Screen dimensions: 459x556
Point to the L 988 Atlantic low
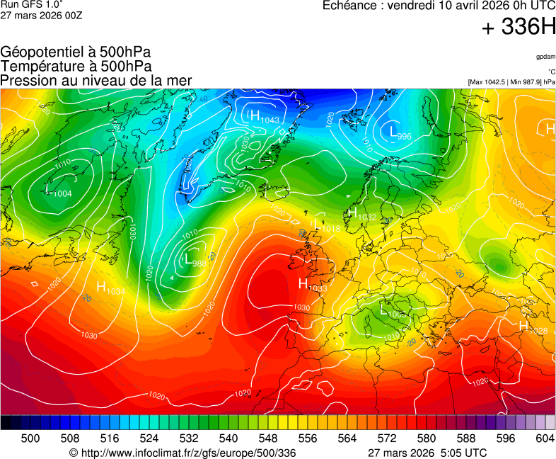tap(195, 261)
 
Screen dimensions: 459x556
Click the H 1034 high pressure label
tap(110, 288)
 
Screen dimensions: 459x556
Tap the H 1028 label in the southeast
tap(533, 327)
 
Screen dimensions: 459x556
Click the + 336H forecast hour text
tap(519, 28)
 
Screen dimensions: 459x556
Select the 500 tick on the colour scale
tap(30, 438)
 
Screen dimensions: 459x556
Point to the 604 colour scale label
tap(545, 438)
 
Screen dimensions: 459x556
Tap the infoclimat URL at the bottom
tap(183, 453)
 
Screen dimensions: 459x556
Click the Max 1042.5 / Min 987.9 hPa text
tap(511, 82)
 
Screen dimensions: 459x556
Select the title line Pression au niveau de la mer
tap(96, 81)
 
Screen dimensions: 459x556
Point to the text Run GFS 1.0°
tap(31, 4)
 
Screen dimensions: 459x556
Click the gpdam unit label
tap(545, 57)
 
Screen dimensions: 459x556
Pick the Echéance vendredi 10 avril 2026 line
tap(439, 6)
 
